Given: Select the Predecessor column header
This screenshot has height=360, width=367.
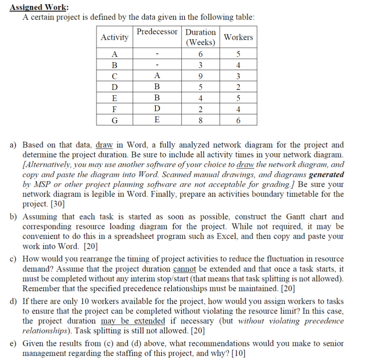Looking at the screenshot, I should tap(157, 32).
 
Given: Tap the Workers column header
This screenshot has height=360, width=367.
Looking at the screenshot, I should tap(238, 37).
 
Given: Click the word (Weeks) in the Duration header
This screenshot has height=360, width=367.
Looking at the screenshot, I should tap(201, 43).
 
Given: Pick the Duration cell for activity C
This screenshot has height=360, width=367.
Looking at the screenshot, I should tap(201, 76).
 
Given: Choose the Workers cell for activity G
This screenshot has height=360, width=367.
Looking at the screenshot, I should tap(238, 120).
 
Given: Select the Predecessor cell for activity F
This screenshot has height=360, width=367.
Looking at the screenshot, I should tap(157, 109).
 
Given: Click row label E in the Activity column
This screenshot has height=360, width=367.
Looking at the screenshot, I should tap(114, 98).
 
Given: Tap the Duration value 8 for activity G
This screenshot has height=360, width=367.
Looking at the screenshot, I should tap(201, 120).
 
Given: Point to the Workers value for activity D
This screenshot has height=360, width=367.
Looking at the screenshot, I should tap(238, 87).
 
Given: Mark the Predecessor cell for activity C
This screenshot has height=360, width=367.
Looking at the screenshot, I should tap(157, 76).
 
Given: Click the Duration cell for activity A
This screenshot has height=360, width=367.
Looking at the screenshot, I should tap(201, 54).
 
